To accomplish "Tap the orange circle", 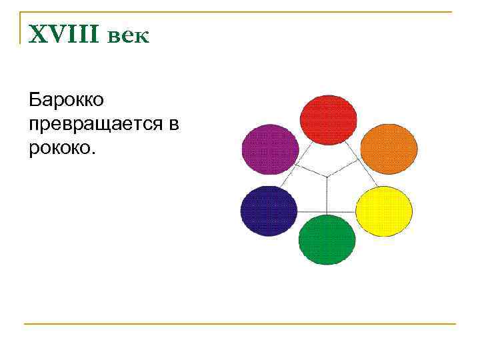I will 388,148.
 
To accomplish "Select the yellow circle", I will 383,210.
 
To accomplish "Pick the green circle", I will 327,239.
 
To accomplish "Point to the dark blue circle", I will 268,211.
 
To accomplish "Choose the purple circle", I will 269,149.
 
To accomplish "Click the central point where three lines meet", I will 327,176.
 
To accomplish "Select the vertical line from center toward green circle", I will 327,197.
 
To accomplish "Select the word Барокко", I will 66,101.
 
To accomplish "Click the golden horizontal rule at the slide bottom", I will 240,323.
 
